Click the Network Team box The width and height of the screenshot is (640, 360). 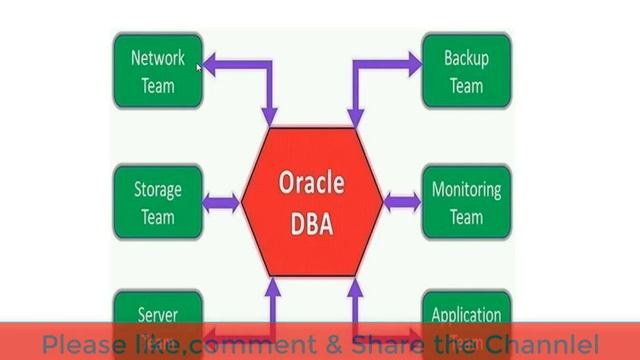click(x=158, y=70)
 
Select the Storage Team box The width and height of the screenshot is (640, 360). click(x=158, y=202)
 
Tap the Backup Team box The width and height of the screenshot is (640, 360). click(x=466, y=70)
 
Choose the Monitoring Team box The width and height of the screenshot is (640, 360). click(x=466, y=202)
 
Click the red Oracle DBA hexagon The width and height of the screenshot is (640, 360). click(x=311, y=200)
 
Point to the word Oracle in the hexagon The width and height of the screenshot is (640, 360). click(x=311, y=184)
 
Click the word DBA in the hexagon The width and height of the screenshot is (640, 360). click(x=311, y=220)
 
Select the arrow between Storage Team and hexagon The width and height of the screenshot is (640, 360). click(x=221, y=203)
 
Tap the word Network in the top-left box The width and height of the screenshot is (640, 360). click(x=158, y=58)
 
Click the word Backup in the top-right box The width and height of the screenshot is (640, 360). click(x=466, y=58)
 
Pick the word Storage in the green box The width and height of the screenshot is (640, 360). click(x=158, y=189)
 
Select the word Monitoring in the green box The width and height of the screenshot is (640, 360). click(x=466, y=189)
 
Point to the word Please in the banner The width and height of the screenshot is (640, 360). click(x=86, y=344)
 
